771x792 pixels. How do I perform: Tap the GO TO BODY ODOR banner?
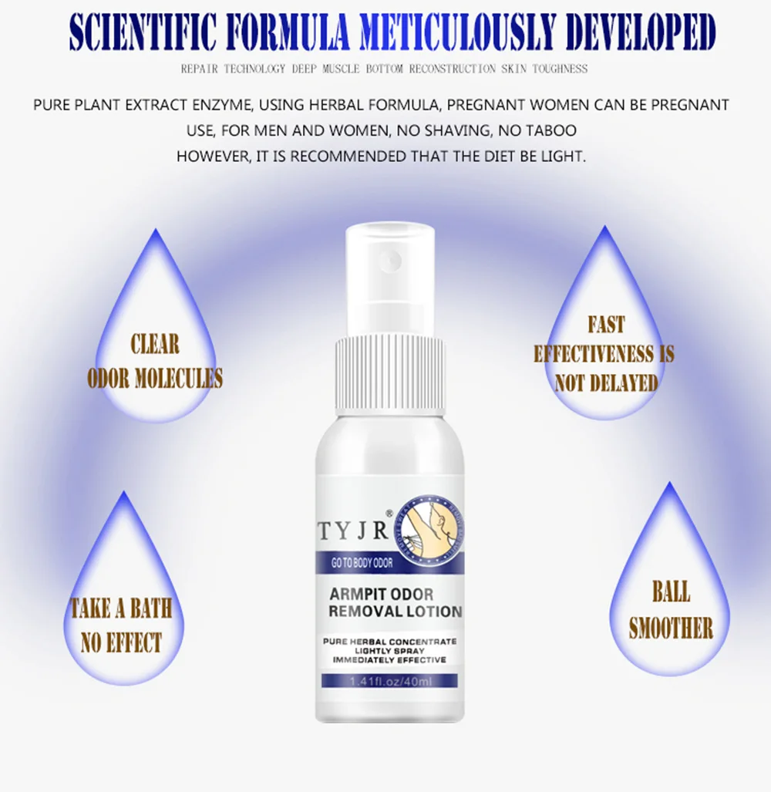click(x=362, y=563)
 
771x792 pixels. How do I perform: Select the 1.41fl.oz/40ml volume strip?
click(x=390, y=682)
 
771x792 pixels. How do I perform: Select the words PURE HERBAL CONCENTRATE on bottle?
click(x=389, y=641)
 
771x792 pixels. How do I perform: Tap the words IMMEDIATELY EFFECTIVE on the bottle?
click(x=389, y=660)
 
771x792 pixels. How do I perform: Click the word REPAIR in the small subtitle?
click(x=200, y=69)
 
